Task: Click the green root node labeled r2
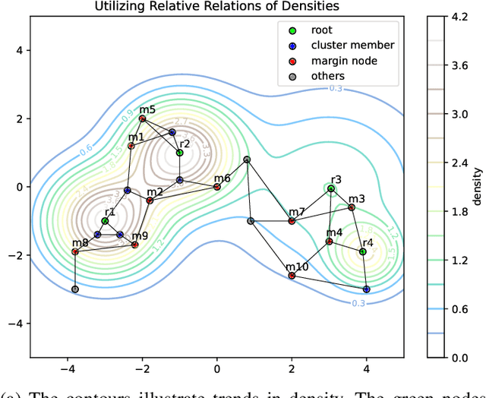[179, 153]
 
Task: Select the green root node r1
[105, 221]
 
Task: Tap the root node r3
[331, 188]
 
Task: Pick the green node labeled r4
[362, 251]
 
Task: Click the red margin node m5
[142, 119]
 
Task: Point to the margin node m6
[217, 187]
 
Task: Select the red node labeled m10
[292, 276]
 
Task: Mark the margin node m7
[292, 221]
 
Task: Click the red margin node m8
[75, 251]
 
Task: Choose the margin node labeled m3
[351, 207]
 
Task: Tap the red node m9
[135, 245]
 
